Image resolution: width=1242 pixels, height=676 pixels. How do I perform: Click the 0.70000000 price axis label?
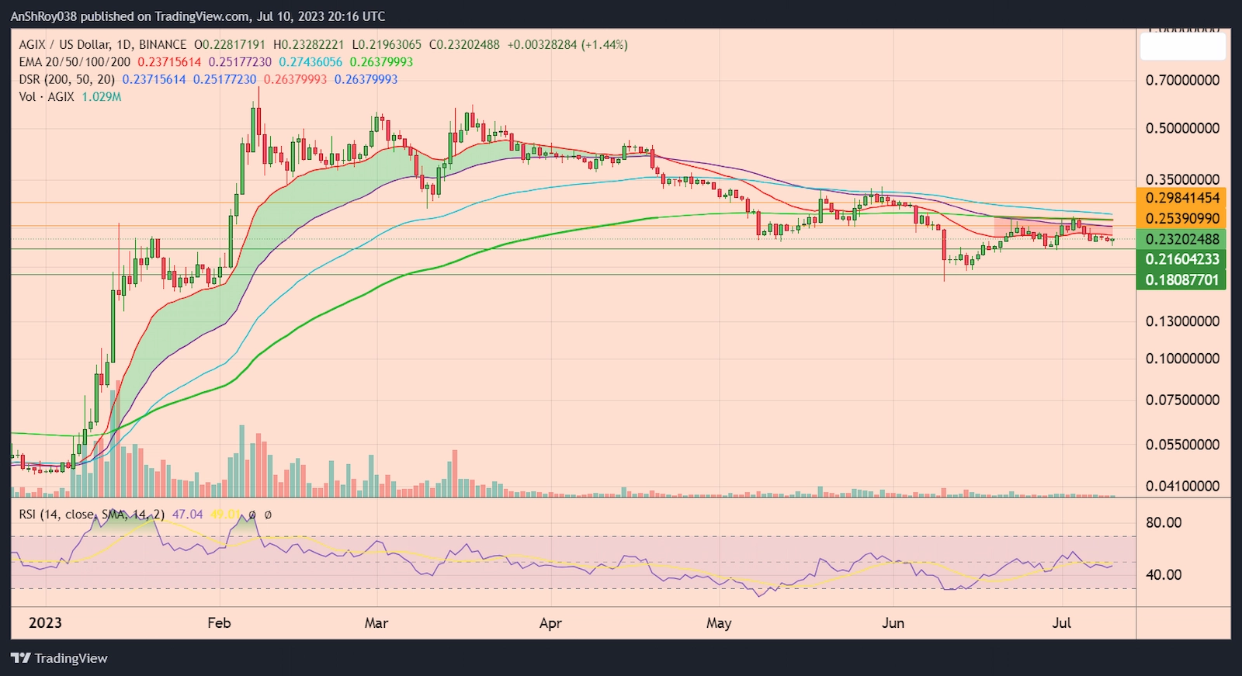[1182, 80]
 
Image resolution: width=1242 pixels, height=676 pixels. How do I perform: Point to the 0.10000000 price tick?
[1182, 359]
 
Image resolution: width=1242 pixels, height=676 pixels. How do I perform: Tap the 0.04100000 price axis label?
[1182, 487]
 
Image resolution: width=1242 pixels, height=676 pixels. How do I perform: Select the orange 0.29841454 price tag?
[1182, 198]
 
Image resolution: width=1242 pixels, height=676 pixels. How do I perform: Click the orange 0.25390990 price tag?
[1182, 219]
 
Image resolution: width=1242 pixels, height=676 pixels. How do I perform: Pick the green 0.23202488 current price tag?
[1182, 239]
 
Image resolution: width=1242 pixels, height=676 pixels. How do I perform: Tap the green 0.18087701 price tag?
[1182, 279]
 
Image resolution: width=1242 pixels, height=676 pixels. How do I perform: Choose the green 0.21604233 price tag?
[1182, 259]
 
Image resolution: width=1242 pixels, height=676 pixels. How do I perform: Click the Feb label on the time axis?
[219, 623]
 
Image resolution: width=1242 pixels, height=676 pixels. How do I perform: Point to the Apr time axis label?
[550, 623]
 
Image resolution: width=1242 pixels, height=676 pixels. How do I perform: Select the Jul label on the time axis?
[1061, 623]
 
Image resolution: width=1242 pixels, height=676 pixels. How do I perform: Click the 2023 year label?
[45, 623]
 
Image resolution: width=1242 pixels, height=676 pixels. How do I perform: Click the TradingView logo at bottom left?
[60, 658]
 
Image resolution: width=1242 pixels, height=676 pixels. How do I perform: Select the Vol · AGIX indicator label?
[47, 97]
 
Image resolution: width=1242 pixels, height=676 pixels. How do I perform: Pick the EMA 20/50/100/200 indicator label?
[75, 62]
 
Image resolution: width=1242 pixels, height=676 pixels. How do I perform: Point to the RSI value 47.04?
[187, 515]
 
